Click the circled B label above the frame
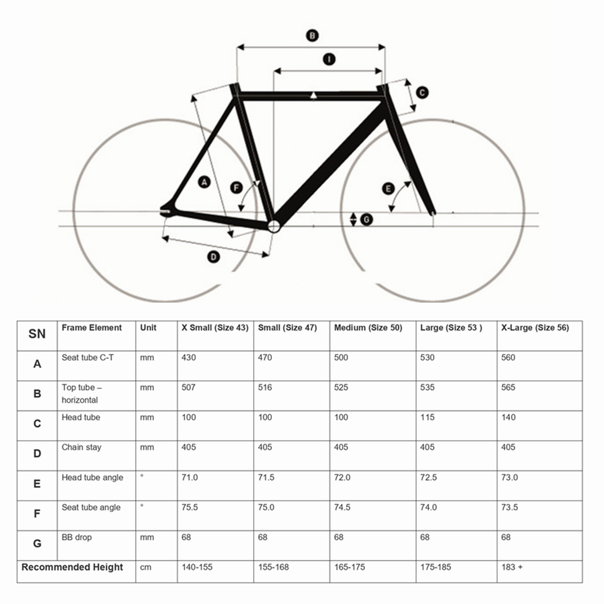coord(312,36)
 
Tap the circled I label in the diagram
coord(329,59)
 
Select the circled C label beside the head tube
coord(422,92)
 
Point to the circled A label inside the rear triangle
coord(204,182)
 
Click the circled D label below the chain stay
coord(214,257)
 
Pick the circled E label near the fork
coord(388,189)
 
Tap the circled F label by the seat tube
coord(236,188)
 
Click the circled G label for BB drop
coord(366,220)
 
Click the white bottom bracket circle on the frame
coord(274,226)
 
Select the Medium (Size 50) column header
coord(368,328)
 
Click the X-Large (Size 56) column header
coord(535,328)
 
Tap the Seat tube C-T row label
coord(88,357)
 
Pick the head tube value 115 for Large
coord(427,417)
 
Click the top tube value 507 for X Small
coord(188,387)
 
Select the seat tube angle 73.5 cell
coord(509,507)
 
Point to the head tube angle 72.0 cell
coord(342,477)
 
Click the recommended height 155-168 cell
coord(273,567)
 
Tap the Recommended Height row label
coord(72,567)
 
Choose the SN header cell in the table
coord(37,334)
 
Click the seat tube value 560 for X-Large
coord(508,357)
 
